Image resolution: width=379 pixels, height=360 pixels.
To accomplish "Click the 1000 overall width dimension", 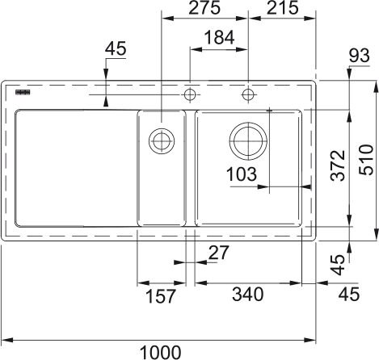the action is tap(161, 352).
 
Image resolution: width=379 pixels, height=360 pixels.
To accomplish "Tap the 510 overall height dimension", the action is tap(367, 160).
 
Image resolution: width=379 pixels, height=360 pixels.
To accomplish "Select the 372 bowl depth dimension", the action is tap(338, 165).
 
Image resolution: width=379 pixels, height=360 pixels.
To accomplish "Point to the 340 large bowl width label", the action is tap(248, 294).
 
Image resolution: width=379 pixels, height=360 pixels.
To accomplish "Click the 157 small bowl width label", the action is tap(161, 296).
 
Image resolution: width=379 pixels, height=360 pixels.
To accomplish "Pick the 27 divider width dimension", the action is tap(219, 253).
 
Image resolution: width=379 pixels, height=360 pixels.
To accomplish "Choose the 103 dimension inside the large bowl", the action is tap(242, 174).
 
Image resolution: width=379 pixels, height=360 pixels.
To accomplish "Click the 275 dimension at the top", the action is tap(204, 7).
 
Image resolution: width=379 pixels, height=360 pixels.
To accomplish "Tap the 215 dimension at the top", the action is tap(283, 7).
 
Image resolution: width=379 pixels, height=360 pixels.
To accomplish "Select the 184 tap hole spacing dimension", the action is tap(219, 37).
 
